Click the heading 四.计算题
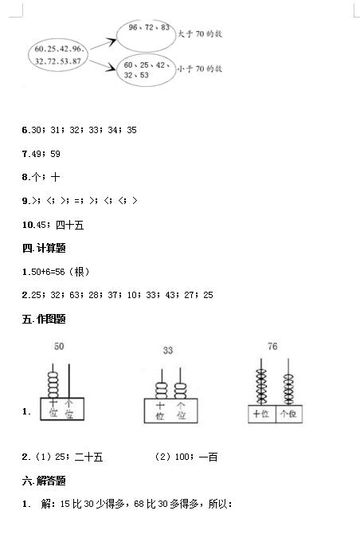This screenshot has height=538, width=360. tap(44, 248)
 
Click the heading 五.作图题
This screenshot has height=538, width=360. tap(44, 319)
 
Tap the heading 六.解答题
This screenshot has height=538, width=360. tap(44, 481)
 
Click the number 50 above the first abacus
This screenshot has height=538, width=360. tap(59, 347)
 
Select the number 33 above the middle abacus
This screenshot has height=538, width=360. tap(168, 351)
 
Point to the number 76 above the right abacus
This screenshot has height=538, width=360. tap(272, 346)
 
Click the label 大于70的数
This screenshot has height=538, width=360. tap(200, 33)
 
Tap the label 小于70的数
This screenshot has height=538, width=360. tap(200, 69)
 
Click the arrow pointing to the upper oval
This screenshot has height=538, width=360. tap(104, 44)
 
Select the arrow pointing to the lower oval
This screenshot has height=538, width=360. tap(102, 65)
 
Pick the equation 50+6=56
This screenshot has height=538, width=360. tap(48, 272)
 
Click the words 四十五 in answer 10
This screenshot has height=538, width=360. tap(70, 225)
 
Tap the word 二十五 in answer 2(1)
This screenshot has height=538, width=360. tap(88, 457)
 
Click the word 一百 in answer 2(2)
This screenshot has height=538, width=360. tap(208, 457)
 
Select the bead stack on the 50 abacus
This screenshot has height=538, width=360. tap(53, 385)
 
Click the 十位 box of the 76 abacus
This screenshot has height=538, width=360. tap(262, 414)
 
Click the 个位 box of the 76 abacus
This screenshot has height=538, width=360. tap(289, 414)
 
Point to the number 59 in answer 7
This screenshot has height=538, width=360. tap(56, 154)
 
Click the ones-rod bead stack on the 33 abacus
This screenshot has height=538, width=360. tap(180, 391)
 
